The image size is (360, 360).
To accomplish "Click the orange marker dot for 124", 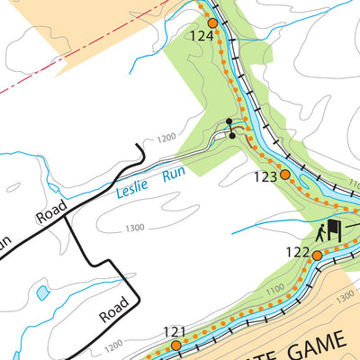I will [212, 23].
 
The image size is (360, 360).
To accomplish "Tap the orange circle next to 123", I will [284, 175].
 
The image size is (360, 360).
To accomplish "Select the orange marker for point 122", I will [317, 256].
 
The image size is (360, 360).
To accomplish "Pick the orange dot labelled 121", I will [176, 345].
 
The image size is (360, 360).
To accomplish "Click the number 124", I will [202, 37].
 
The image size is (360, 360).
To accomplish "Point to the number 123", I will [265, 177].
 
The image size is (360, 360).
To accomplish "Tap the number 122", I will [298, 254].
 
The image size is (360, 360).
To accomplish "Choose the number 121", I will [174, 330].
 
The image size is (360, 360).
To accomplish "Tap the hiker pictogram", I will [320, 233].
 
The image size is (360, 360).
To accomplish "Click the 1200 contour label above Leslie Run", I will [166, 139].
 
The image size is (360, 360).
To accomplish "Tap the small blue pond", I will [42, 293].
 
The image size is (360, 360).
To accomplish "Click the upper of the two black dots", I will [229, 121].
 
